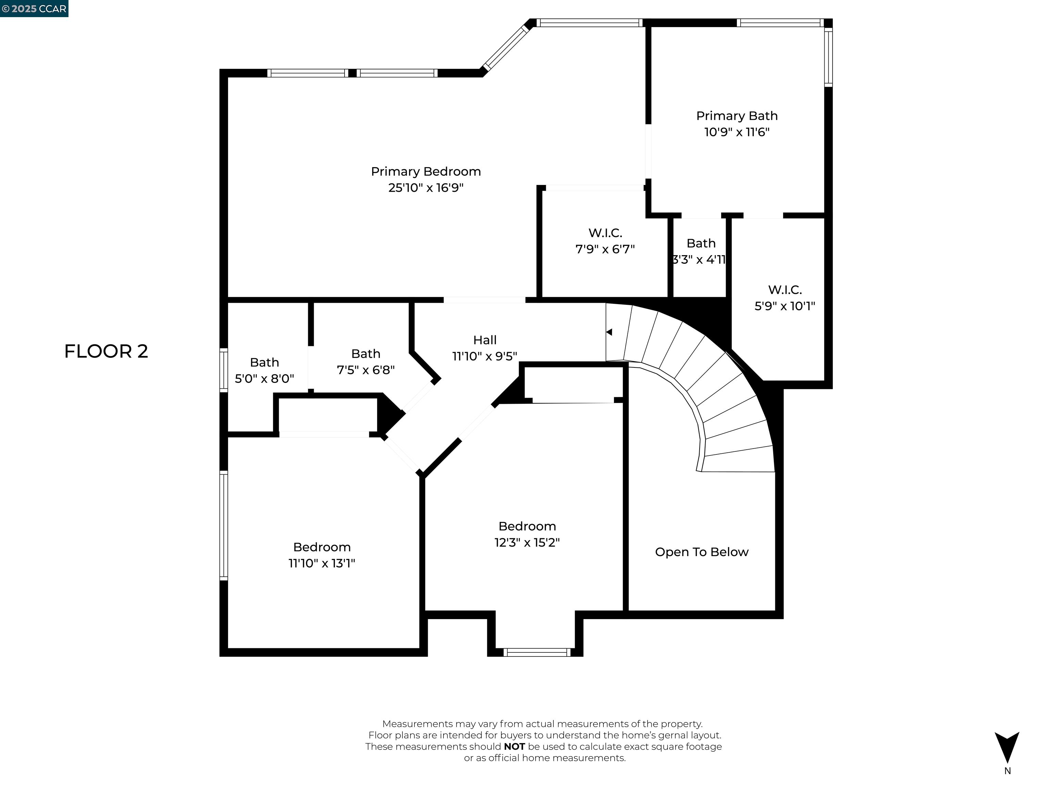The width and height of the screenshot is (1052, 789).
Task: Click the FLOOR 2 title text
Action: click(106, 351)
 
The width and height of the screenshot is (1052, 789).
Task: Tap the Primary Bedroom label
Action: click(426, 172)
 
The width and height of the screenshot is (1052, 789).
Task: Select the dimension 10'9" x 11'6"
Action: click(737, 132)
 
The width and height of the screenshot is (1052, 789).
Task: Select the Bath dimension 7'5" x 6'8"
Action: click(365, 370)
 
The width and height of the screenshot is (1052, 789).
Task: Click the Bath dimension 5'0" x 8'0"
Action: click(264, 378)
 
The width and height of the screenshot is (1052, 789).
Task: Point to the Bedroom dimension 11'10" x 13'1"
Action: click(322, 563)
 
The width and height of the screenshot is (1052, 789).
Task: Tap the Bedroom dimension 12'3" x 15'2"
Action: click(527, 543)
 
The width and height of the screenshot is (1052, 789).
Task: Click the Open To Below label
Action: click(701, 552)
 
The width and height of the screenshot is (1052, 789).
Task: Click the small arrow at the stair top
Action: click(609, 332)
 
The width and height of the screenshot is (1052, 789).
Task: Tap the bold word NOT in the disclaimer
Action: click(514, 747)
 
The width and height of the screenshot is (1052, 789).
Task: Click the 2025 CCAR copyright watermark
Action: click(34, 9)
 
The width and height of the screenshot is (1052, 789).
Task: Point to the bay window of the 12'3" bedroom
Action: click(537, 652)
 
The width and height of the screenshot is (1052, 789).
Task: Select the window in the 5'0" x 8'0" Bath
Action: click(224, 371)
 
